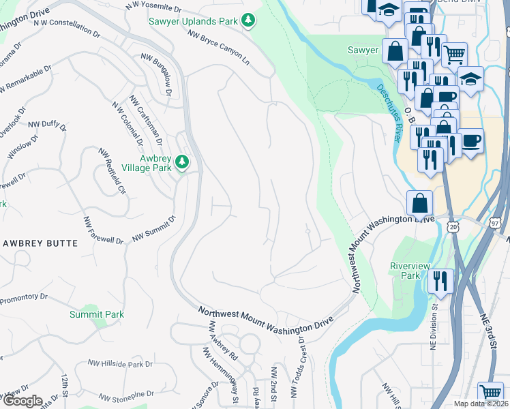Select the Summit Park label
pos(96,314)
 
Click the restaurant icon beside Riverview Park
pos(440,280)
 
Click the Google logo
pos(22,401)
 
